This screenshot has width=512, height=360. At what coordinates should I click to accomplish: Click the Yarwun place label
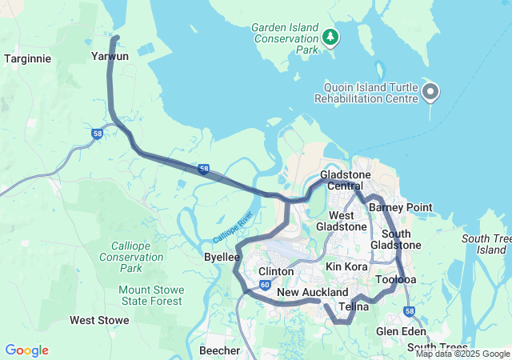110,57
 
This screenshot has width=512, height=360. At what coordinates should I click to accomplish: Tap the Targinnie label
28,58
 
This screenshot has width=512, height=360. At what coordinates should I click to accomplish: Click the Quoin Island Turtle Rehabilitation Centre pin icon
430,92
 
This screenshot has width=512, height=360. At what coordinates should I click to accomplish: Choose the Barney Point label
400,207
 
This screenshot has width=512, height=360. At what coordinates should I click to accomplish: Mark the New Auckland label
313,293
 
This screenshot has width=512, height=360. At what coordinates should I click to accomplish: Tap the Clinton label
275,272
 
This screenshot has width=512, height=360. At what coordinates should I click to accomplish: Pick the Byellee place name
221,257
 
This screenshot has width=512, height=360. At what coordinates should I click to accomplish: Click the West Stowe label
99,320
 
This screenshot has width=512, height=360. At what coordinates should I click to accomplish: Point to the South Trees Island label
486,244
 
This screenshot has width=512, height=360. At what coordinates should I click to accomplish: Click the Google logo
26,350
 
